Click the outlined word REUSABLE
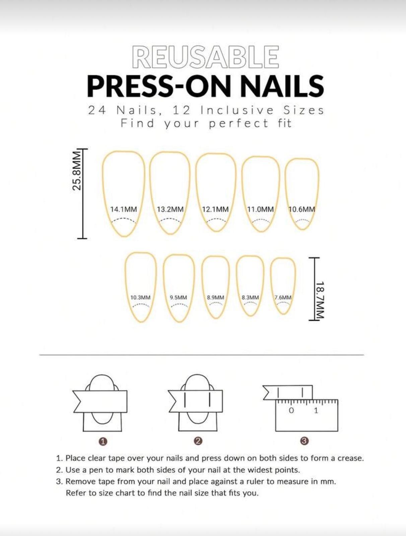(x=205, y=57)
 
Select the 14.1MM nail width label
(x=124, y=209)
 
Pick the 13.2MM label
(x=170, y=209)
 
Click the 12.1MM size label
(x=215, y=209)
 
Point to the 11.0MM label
(x=260, y=209)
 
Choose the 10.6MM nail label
(x=301, y=209)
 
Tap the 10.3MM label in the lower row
(x=140, y=297)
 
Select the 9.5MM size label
(x=178, y=297)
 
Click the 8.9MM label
(x=215, y=297)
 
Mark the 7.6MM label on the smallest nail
(x=283, y=297)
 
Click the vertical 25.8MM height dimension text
(x=77, y=171)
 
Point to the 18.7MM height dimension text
(x=320, y=300)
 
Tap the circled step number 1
(x=103, y=442)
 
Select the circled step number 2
(x=198, y=441)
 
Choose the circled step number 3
(x=304, y=441)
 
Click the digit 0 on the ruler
(x=291, y=410)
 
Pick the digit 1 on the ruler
(x=316, y=410)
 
